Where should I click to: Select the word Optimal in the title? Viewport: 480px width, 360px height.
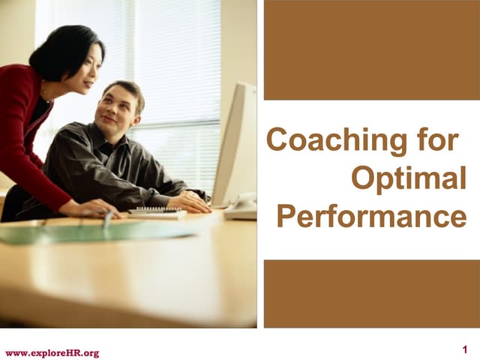(408, 178)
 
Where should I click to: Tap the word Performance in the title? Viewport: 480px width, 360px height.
(371, 216)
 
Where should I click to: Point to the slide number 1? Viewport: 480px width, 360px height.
(466, 349)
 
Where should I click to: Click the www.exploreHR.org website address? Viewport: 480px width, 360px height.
(52, 352)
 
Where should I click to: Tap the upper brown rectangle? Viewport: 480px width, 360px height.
(371, 49)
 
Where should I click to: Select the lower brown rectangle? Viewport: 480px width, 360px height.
(371, 293)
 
